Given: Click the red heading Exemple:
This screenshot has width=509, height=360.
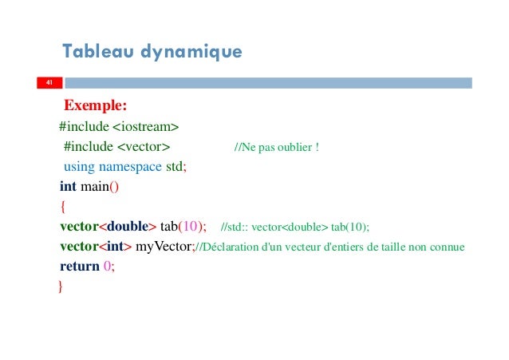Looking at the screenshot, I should [96, 105].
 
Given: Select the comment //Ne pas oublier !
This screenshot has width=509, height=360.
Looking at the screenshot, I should [276, 147].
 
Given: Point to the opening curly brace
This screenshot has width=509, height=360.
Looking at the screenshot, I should [62, 207].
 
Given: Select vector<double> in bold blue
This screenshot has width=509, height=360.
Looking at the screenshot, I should [108, 226].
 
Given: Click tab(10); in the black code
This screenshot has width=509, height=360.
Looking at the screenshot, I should [183, 226].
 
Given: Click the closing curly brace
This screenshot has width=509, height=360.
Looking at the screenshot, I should [60, 286].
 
